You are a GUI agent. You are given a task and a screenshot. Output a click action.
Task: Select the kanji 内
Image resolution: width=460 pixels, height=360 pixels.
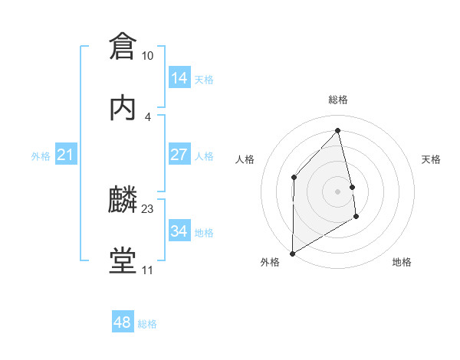tap(123, 107)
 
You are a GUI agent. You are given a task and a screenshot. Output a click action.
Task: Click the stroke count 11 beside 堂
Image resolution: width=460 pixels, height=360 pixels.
tap(147, 270)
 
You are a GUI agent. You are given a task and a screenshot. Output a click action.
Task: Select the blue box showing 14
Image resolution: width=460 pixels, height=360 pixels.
tap(179, 78)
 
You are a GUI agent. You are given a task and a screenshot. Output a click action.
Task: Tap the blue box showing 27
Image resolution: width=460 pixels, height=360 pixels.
tap(179, 155)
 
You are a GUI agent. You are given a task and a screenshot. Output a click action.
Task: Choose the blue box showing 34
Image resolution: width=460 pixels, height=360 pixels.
tap(179, 231)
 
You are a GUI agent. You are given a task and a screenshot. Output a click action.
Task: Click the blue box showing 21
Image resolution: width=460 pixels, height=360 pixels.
tap(65, 155)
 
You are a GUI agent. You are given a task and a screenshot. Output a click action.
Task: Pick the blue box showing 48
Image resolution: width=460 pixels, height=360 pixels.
tap(122, 322)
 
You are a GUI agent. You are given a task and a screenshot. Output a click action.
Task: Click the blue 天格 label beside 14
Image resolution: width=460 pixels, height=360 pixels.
tap(204, 80)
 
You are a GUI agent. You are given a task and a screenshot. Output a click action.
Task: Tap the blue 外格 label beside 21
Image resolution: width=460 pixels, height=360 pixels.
tap(41, 156)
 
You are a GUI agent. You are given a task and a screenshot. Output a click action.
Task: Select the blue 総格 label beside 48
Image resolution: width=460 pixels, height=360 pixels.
tap(147, 324)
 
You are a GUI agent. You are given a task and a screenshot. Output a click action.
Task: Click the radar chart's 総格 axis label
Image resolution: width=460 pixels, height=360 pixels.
tap(338, 100)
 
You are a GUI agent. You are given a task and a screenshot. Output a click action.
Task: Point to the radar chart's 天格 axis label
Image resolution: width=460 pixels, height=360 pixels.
tap(432, 159)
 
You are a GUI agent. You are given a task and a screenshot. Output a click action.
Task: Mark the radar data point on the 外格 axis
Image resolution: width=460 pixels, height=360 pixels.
tap(292, 254)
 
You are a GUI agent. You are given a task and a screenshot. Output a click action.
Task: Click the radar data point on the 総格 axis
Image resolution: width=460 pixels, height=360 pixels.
tap(337, 130)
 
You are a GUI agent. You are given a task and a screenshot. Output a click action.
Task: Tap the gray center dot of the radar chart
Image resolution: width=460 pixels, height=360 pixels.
tap(337, 190)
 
